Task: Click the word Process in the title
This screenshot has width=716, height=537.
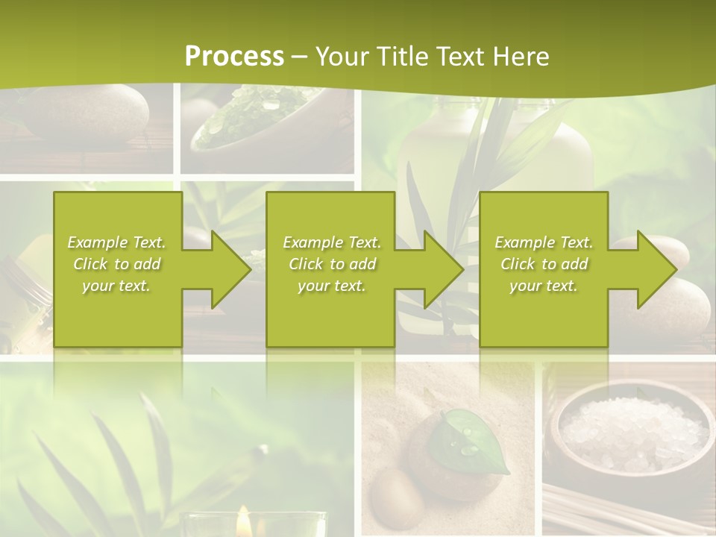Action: point(234,57)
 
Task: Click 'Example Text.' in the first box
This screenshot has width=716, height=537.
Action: point(117,242)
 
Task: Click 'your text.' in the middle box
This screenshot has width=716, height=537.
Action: point(331,286)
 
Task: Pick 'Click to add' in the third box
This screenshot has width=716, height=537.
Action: point(544,264)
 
